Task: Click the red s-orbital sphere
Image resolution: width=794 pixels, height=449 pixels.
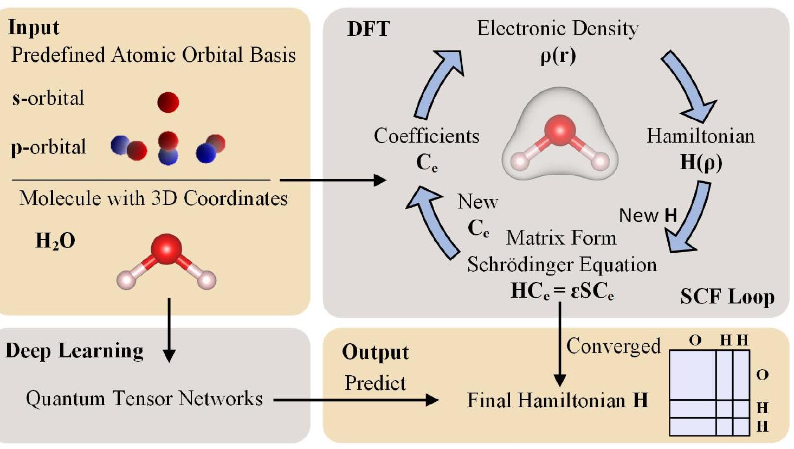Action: [x=168, y=102]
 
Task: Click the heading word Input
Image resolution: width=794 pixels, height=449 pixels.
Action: [x=34, y=27]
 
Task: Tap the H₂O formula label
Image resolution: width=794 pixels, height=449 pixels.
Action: [x=55, y=240]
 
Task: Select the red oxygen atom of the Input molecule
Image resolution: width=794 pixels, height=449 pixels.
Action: [x=167, y=249]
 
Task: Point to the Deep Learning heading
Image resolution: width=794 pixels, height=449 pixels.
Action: [x=74, y=351]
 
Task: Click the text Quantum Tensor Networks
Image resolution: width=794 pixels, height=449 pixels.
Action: [x=144, y=399]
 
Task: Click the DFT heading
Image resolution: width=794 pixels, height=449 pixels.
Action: [x=368, y=29]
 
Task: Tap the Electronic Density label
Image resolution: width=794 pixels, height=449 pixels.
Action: [x=557, y=28]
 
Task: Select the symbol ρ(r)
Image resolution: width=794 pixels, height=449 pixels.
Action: [x=558, y=56]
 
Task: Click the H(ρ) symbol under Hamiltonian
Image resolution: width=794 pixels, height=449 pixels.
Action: [x=701, y=163]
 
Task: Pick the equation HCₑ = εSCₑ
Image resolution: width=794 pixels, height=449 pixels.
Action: [x=562, y=292]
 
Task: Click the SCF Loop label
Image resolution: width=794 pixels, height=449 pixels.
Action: [x=727, y=297]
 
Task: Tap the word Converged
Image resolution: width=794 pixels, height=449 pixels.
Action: [x=613, y=346]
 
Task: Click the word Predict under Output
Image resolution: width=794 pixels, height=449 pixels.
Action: [x=375, y=383]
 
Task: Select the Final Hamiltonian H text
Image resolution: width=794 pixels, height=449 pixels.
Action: [x=557, y=401]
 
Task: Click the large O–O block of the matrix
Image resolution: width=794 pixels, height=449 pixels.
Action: [x=692, y=375]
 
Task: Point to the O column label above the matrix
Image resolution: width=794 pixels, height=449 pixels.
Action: [x=695, y=341]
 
